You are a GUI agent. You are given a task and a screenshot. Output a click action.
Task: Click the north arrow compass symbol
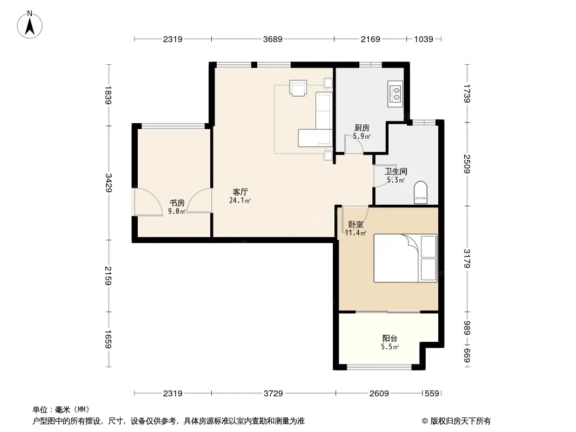pyautogui.click(x=30, y=25)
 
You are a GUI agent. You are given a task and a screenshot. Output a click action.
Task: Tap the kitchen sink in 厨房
pyautogui.click(x=396, y=94)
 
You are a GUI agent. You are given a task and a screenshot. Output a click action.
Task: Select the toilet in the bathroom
pyautogui.click(x=420, y=192)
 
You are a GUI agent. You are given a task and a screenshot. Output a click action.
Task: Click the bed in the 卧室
pyautogui.click(x=406, y=259)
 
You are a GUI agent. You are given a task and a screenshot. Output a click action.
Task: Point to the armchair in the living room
pyautogui.click(x=298, y=88)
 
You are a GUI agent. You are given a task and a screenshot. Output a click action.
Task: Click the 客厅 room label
pyautogui.click(x=240, y=192)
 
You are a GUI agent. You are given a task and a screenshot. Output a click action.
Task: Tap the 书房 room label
pyautogui.click(x=177, y=202)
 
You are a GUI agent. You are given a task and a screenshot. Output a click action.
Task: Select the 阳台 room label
pyautogui.click(x=390, y=339)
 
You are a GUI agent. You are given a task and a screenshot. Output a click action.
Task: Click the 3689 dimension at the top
pyautogui.click(x=272, y=39)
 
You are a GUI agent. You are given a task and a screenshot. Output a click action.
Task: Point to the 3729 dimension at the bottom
pyautogui.click(x=273, y=394)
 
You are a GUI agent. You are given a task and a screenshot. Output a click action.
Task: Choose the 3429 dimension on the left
pyautogui.click(x=109, y=183)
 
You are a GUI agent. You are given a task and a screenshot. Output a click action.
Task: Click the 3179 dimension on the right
pyautogui.click(x=467, y=259)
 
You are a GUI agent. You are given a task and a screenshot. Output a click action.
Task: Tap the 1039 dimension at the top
pyautogui.click(x=424, y=39)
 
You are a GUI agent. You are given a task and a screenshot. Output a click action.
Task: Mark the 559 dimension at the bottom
pyautogui.click(x=432, y=394)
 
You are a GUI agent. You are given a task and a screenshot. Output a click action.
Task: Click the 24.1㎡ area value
pyautogui.click(x=240, y=200)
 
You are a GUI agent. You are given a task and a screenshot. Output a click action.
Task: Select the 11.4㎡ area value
pyautogui.click(x=356, y=233)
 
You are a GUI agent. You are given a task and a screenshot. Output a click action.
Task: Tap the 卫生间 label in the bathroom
pyautogui.click(x=396, y=171)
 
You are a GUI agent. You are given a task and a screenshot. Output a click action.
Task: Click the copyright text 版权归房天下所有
pyautogui.click(x=460, y=421)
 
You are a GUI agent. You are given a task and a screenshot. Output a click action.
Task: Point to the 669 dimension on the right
pyautogui.click(x=467, y=356)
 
